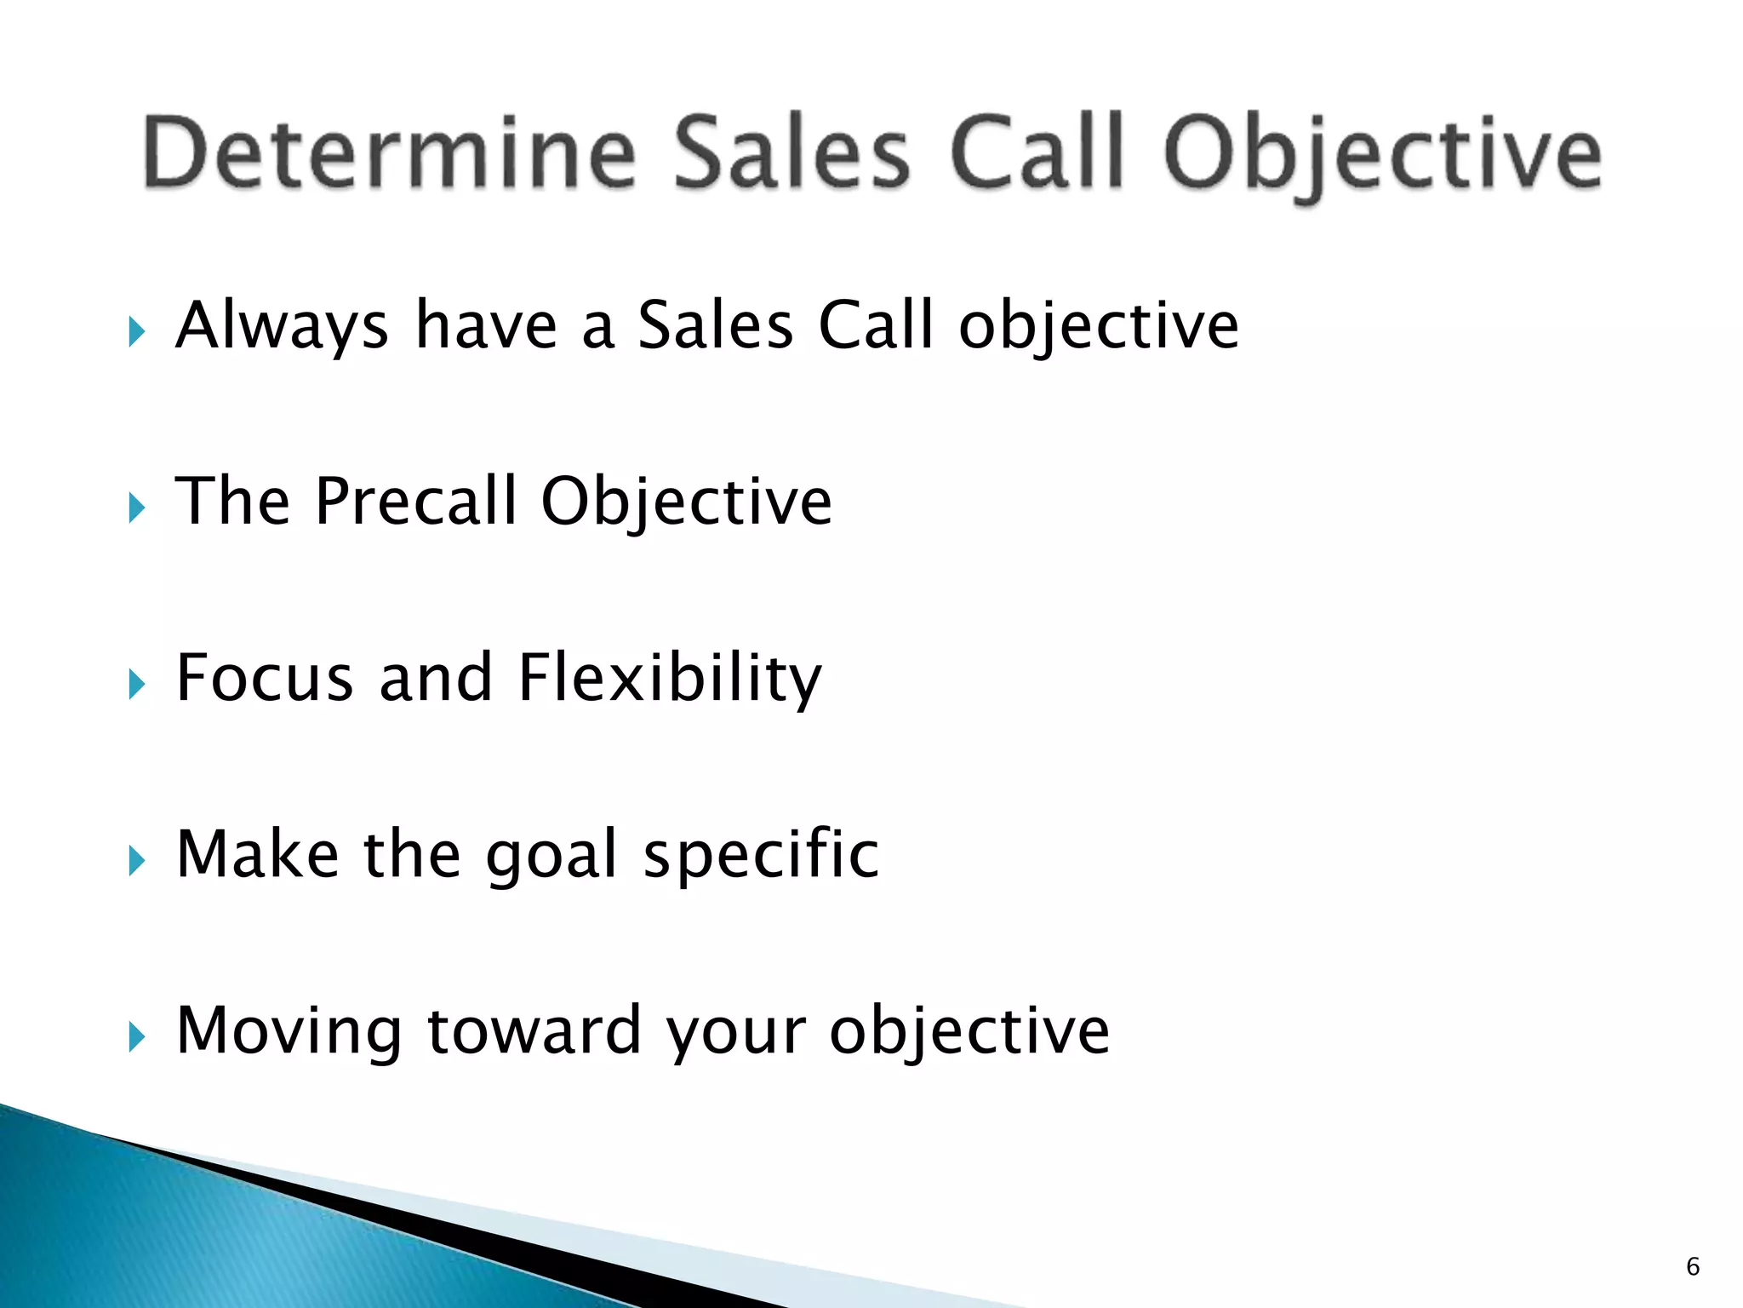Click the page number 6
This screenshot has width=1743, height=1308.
pyautogui.click(x=1692, y=1266)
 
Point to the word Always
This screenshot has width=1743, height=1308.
pyautogui.click(x=282, y=326)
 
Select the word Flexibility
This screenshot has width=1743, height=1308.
pyautogui.click(x=669, y=678)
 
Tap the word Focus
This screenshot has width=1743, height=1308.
pyautogui.click(x=264, y=678)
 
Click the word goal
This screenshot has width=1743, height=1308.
pyautogui.click(x=551, y=856)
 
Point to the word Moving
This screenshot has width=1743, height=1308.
pyautogui.click(x=288, y=1031)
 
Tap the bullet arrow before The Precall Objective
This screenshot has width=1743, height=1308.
pyautogui.click(x=136, y=508)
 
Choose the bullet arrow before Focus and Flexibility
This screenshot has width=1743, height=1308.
pyautogui.click(x=136, y=685)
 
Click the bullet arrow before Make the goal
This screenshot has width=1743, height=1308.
pyautogui.click(x=136, y=861)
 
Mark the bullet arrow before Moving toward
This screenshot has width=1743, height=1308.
pyautogui.click(x=136, y=1037)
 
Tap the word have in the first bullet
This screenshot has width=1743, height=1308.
pyautogui.click(x=485, y=326)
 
